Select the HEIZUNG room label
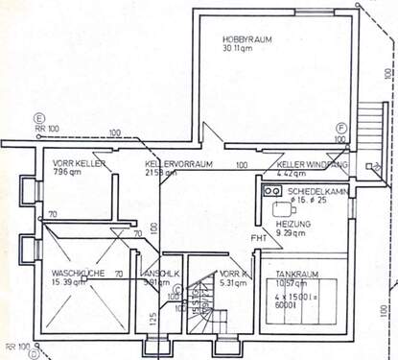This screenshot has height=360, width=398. pyautogui.click(x=292, y=223)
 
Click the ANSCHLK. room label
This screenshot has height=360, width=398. pyautogui.click(x=157, y=272)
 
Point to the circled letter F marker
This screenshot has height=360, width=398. pyautogui.click(x=340, y=127)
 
